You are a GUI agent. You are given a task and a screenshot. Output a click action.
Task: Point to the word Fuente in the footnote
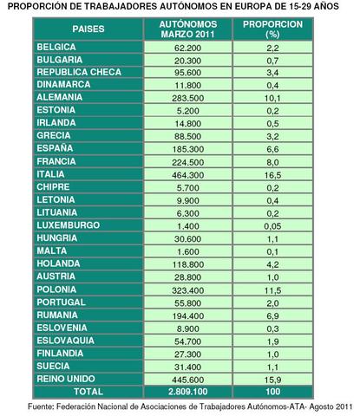click(43, 405)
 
